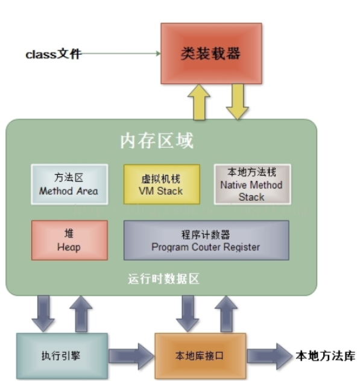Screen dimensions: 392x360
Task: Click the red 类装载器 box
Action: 211,53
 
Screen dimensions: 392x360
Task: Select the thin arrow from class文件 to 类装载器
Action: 121,54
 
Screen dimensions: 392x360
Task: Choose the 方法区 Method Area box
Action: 69,184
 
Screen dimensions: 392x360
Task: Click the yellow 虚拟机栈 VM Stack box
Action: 161,184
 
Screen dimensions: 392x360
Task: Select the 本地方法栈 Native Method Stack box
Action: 251,184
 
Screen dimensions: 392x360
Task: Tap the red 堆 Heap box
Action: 69,240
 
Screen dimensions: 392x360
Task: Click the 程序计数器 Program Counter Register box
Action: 206,240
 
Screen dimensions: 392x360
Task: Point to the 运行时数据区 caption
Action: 163,279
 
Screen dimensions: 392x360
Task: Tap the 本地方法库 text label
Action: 325,355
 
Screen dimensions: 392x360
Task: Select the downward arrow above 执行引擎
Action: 43,312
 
